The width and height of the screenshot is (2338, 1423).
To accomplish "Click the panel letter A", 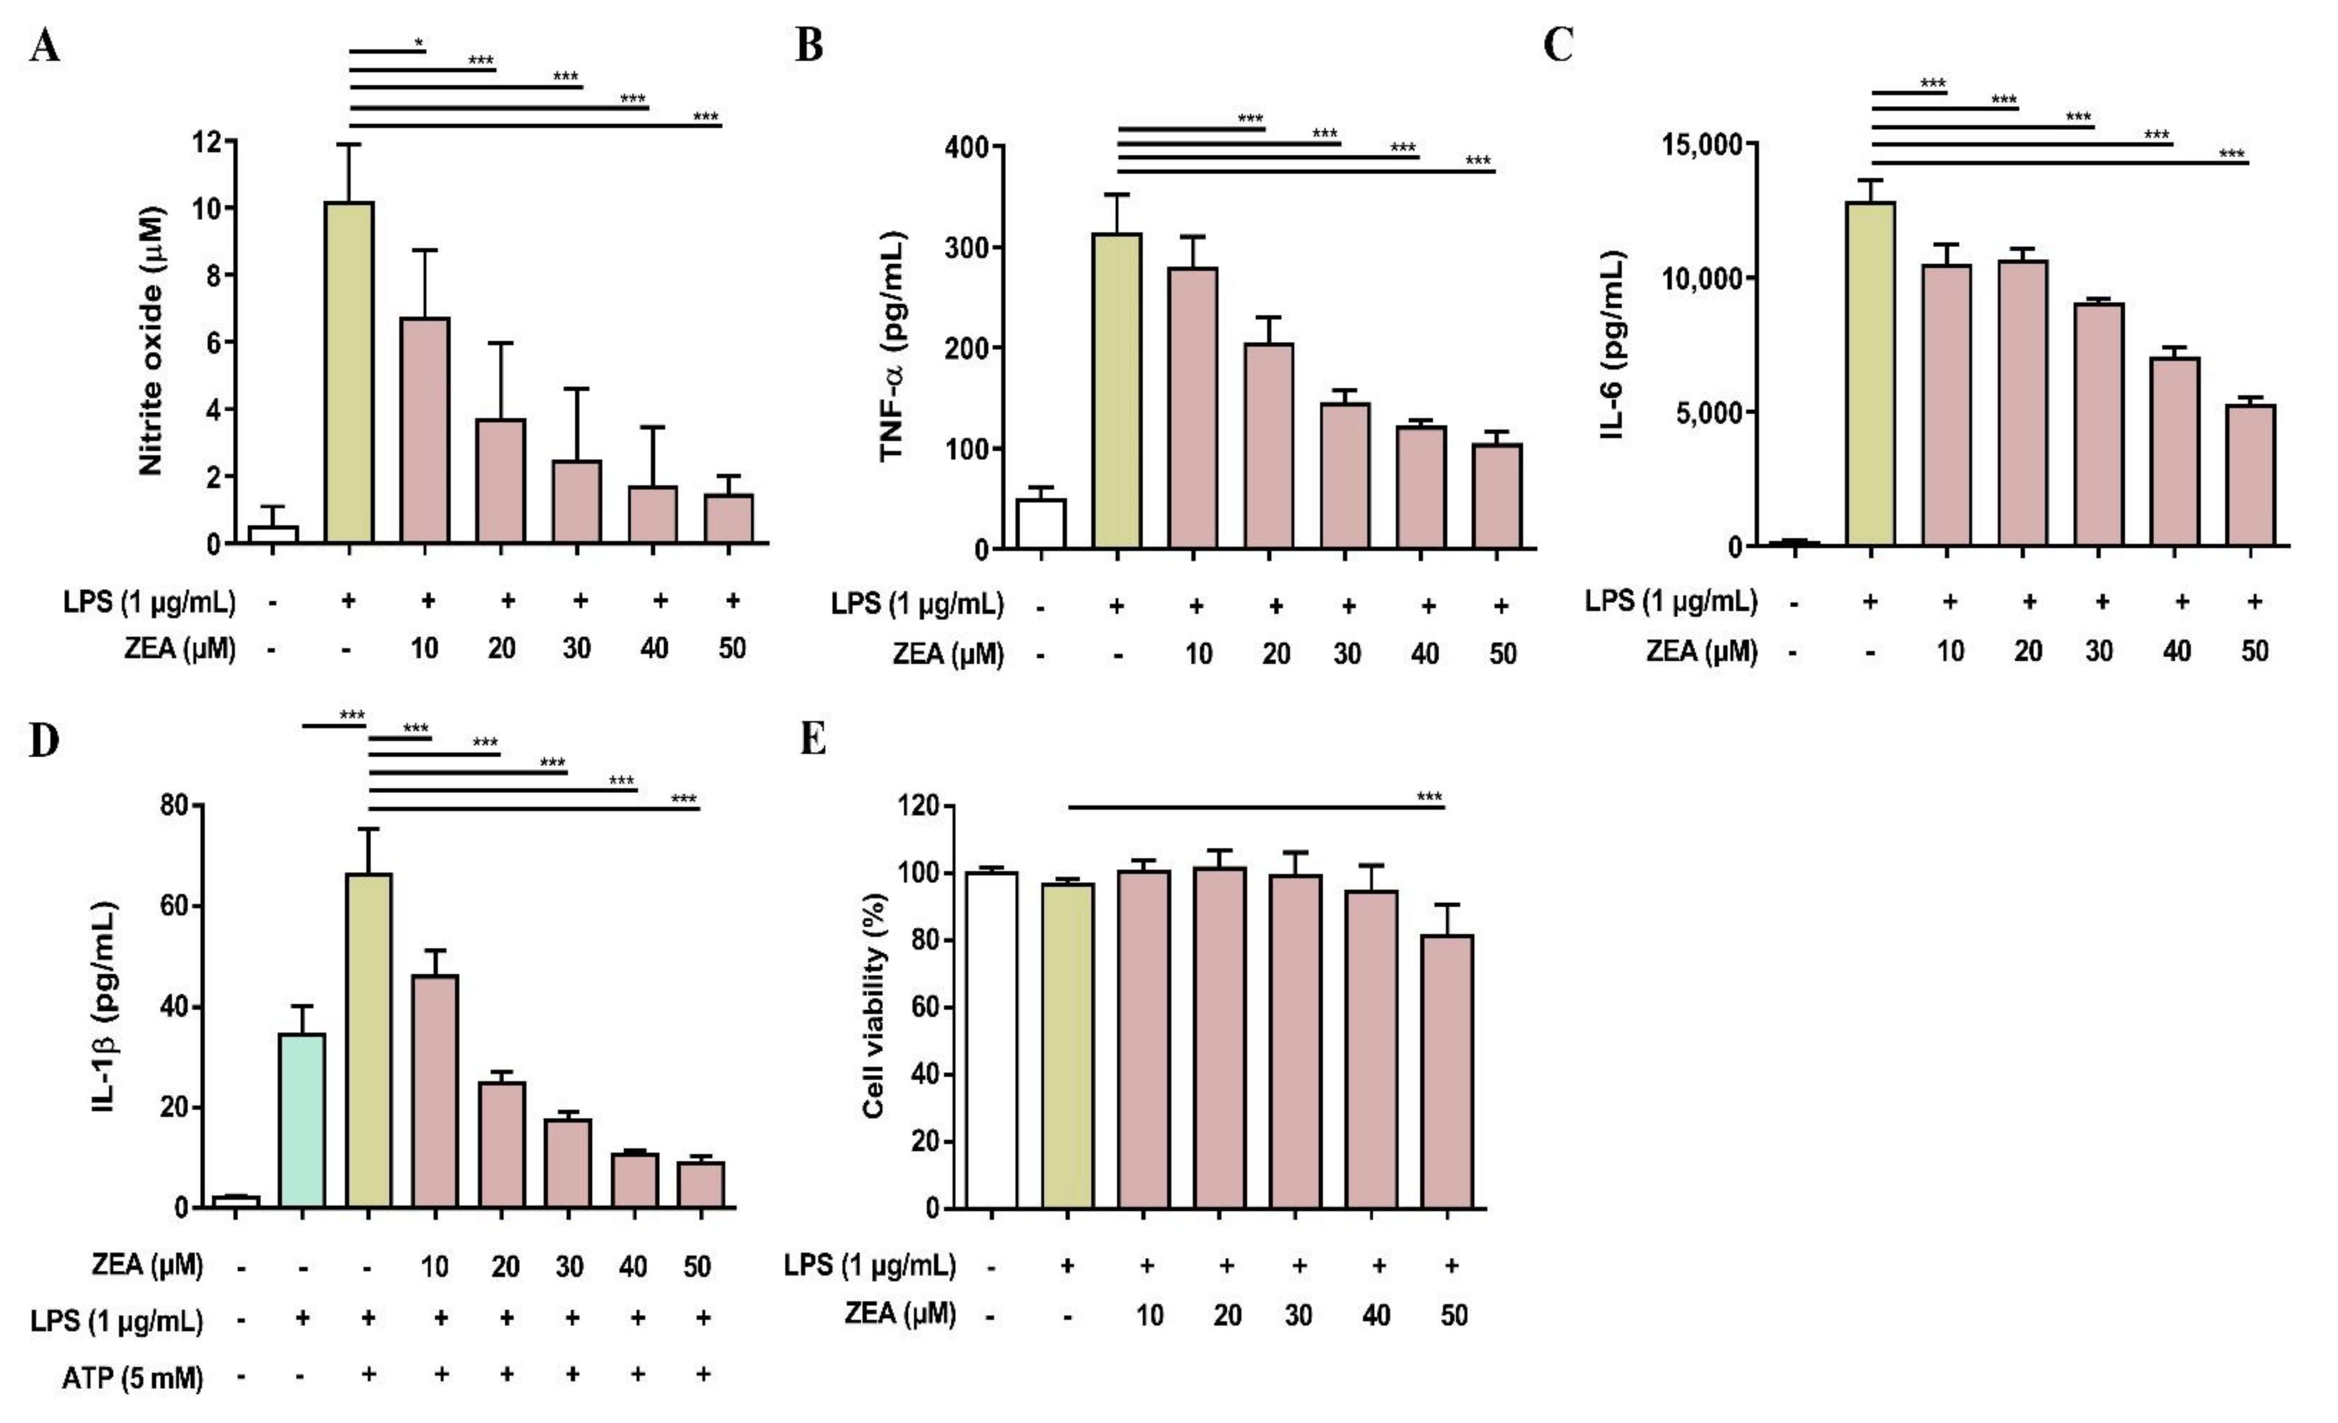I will click(45, 46).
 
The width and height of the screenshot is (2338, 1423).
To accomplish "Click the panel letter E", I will click(813, 738).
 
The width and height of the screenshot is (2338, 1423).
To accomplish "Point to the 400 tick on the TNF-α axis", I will click(966, 147).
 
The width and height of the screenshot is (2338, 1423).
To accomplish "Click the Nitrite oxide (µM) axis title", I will click(151, 340).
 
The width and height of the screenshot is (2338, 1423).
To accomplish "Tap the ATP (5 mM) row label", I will click(133, 1376).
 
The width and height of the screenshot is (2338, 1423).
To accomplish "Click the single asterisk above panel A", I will click(419, 42).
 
